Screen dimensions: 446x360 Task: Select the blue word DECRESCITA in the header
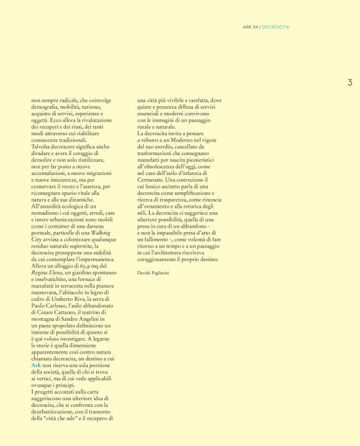pos(276,27)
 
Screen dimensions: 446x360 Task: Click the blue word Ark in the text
pos(36,367)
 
